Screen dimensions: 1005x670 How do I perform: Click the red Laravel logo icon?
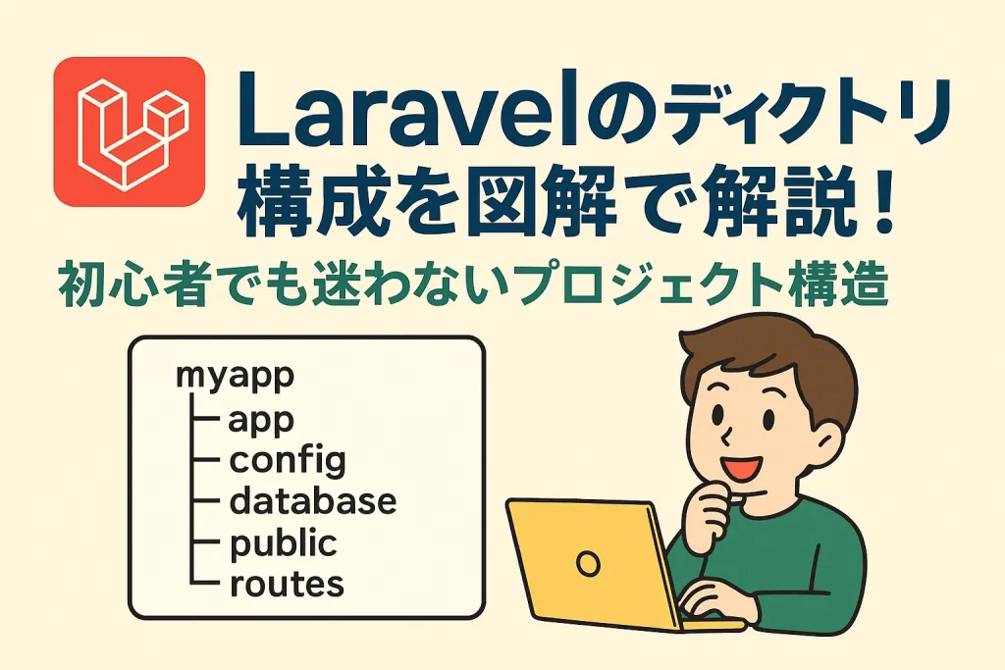(x=130, y=131)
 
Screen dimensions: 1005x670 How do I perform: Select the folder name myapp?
(x=235, y=376)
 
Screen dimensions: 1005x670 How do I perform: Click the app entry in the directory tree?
(x=261, y=421)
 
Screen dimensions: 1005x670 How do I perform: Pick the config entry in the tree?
(x=288, y=460)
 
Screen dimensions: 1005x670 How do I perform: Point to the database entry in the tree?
(x=313, y=501)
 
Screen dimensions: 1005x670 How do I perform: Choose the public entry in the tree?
(x=283, y=543)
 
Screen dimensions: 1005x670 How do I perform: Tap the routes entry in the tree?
(x=287, y=585)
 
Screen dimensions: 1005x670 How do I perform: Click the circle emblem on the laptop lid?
(x=588, y=564)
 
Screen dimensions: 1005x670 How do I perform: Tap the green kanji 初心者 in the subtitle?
(x=133, y=284)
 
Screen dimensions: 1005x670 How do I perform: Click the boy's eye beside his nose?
(x=717, y=412)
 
